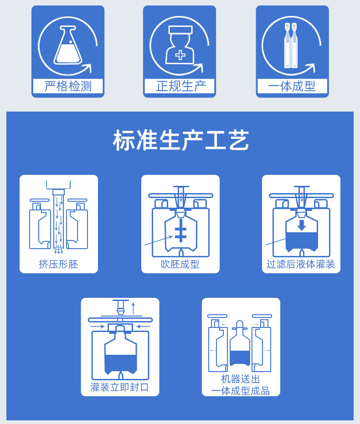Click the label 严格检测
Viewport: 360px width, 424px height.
coord(68,86)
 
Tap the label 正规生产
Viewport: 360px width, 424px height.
coord(180,86)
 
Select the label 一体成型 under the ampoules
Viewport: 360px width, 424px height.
coord(292,86)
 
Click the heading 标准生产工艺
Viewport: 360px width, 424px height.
coord(180,140)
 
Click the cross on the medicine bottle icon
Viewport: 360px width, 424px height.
coord(180,56)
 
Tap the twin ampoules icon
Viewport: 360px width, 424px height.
coord(290,45)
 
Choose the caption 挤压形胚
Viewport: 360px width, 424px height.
coord(58,264)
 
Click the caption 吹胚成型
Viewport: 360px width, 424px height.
coord(180,264)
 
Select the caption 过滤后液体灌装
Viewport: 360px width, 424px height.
coord(301,264)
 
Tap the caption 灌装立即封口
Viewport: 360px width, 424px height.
coord(120,387)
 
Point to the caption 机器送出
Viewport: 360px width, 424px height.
coord(241,379)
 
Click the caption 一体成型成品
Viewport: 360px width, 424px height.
coord(241,390)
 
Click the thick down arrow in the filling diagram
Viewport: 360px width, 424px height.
coord(301,225)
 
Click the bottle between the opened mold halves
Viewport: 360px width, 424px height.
coord(240,346)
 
